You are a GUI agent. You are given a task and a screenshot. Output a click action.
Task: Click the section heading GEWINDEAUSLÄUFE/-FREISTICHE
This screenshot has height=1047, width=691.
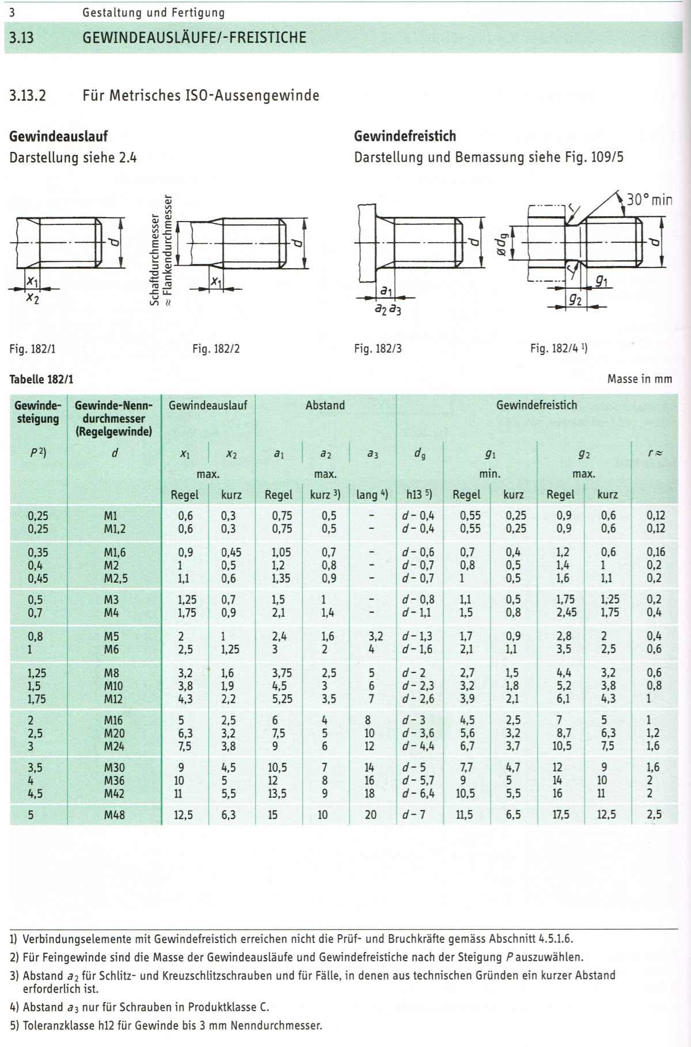click(x=194, y=38)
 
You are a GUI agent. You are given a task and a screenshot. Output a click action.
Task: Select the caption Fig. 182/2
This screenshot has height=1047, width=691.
click(x=216, y=349)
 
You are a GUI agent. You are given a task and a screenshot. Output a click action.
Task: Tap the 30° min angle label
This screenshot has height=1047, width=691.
click(x=649, y=200)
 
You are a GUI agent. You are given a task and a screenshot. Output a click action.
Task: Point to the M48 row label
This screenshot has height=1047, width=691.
click(x=114, y=815)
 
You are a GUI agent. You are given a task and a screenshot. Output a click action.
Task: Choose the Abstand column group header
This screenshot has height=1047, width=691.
click(x=325, y=405)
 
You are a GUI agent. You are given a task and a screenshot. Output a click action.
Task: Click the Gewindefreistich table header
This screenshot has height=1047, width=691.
click(x=536, y=405)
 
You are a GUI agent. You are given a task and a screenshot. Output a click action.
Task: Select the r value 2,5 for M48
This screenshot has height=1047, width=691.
click(x=654, y=815)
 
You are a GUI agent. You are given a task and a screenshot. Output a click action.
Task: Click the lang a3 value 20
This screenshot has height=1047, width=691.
click(x=370, y=815)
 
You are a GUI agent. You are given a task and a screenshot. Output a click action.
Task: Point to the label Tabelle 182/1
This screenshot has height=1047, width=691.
click(x=41, y=380)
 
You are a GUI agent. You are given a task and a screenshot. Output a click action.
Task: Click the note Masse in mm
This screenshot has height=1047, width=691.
click(x=639, y=379)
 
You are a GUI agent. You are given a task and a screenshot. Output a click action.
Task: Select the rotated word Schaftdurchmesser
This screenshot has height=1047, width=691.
click(x=154, y=261)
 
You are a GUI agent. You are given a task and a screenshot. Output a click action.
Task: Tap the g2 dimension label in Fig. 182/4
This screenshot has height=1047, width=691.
click(x=575, y=299)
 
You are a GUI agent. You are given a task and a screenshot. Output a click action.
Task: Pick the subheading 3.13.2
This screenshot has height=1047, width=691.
click(x=27, y=95)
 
